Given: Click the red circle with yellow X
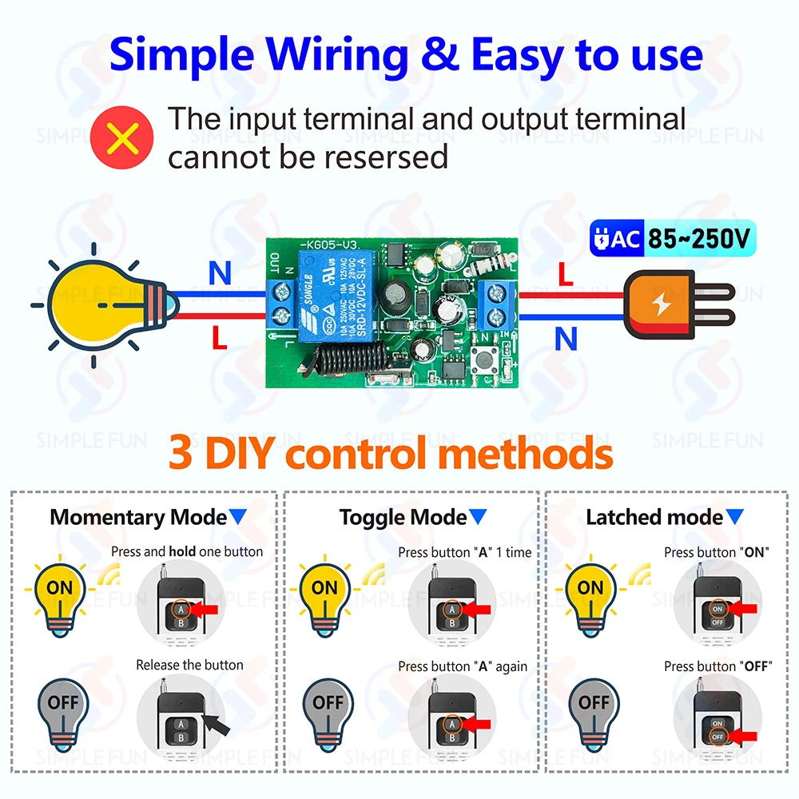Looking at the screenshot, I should point(123,137).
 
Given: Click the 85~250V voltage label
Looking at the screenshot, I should point(698,237).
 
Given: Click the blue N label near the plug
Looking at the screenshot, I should point(566,340).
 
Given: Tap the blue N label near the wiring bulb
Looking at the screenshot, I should point(220,274).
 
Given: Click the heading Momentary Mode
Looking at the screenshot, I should point(138,517).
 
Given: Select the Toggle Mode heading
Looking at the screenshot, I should point(403,517).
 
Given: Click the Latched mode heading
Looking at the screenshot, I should point(654,517).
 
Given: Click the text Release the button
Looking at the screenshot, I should point(189,665).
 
